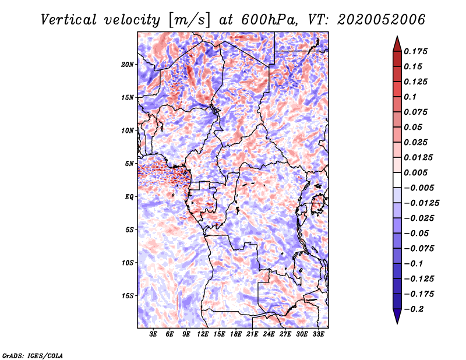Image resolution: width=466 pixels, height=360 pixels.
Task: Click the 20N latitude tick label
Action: (x=127, y=65)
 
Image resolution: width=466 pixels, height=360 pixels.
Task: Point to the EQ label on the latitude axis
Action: (x=129, y=197)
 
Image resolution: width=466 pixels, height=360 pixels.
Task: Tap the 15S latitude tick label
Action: (x=127, y=296)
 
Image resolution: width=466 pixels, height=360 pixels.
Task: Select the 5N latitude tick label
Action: (x=129, y=164)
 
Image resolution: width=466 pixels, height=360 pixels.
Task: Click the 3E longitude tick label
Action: (x=153, y=334)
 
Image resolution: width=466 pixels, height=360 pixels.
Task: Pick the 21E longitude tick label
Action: (x=252, y=334)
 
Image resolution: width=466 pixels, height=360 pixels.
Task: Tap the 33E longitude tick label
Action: (x=318, y=334)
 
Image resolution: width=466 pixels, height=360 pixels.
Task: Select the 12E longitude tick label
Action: (x=203, y=334)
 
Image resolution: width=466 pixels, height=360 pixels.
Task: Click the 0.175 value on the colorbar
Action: (x=415, y=51)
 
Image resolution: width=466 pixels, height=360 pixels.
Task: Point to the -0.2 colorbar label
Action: (x=414, y=309)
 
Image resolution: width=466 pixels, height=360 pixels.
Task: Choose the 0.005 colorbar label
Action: (x=415, y=172)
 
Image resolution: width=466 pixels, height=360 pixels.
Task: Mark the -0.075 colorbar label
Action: (x=419, y=249)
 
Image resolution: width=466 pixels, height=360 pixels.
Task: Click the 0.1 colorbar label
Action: (x=410, y=97)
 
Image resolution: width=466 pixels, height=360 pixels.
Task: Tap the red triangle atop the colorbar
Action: (x=397, y=44)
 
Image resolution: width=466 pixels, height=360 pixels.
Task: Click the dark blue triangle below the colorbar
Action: (x=397, y=316)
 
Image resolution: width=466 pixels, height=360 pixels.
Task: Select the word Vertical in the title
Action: (x=69, y=20)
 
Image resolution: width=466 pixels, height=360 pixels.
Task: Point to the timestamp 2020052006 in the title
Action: (x=382, y=20)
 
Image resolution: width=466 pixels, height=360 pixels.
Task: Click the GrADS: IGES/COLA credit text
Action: (x=33, y=356)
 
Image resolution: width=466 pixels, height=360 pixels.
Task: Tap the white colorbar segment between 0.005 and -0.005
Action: (x=397, y=180)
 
